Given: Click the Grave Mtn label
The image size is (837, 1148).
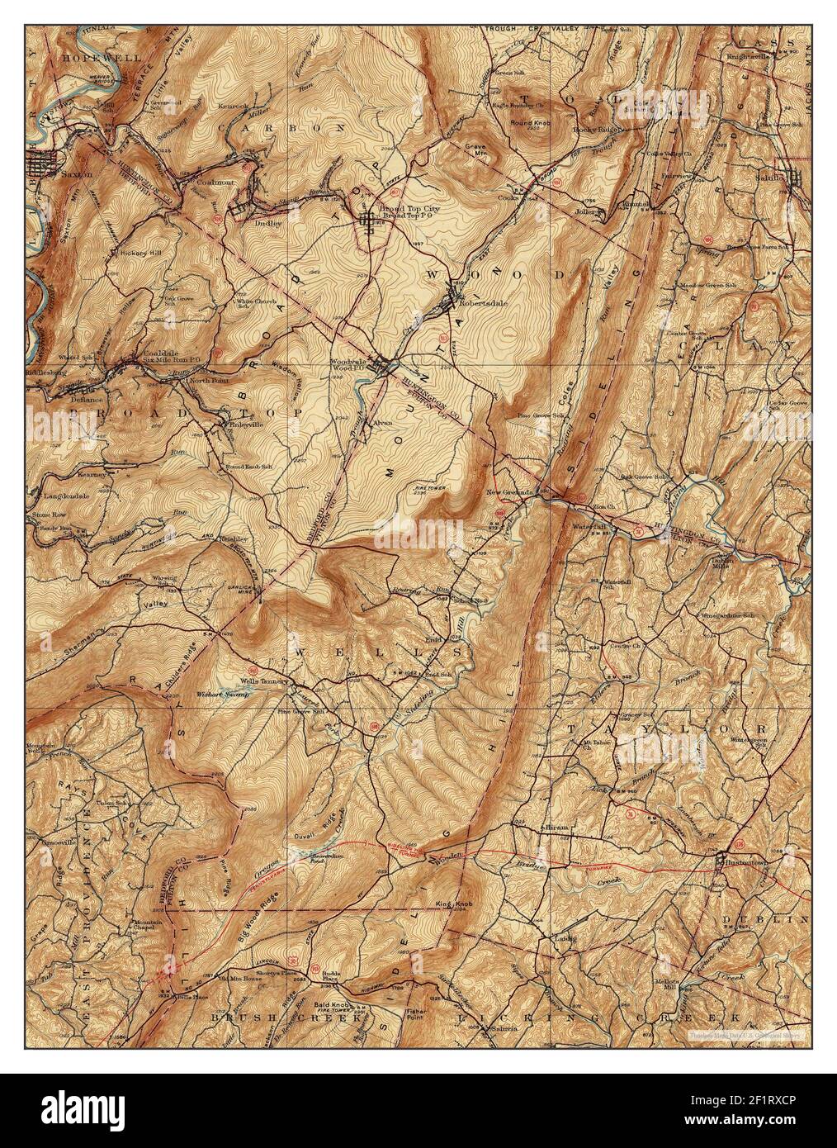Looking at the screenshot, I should point(476,151).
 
